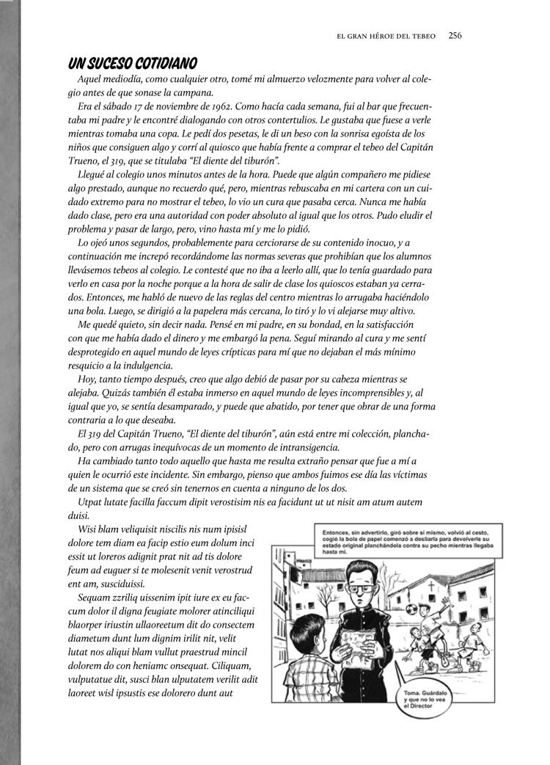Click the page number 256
coord(454,34)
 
